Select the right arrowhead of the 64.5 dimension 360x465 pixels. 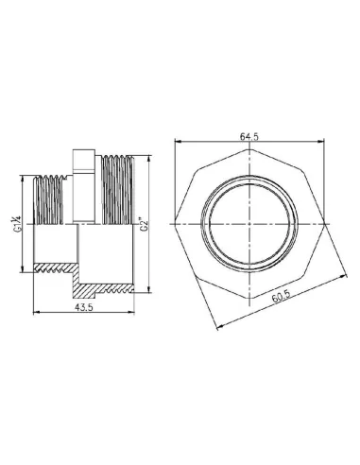click(324, 143)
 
